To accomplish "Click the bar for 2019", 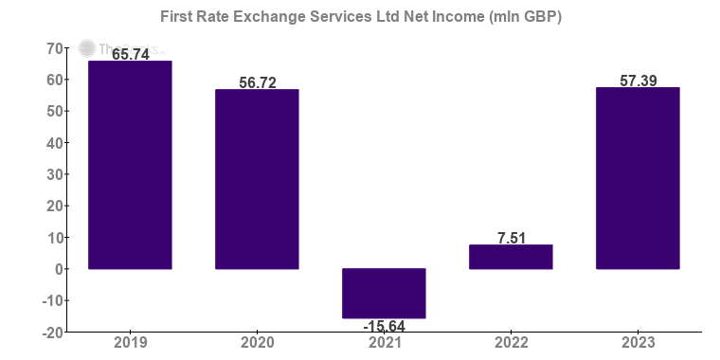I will click(x=130, y=165).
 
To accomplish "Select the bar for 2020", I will click(x=257, y=179).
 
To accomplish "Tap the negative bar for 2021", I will click(x=384, y=294).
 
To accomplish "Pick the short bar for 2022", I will click(x=511, y=257).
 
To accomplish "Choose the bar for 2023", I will click(x=638, y=178).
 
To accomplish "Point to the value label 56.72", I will click(x=258, y=82).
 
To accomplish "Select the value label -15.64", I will click(x=385, y=327).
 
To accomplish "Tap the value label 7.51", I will click(x=512, y=237).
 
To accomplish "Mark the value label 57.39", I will click(x=639, y=81).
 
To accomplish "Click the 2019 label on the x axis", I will click(x=130, y=343).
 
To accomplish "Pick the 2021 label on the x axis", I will click(x=384, y=343).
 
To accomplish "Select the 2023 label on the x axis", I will click(x=638, y=343).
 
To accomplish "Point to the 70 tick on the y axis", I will click(x=54, y=48).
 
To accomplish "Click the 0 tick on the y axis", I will click(x=59, y=269).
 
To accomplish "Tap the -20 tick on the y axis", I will click(x=51, y=333).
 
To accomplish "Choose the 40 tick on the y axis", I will click(x=54, y=143).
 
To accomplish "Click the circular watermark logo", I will click(x=87, y=48).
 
